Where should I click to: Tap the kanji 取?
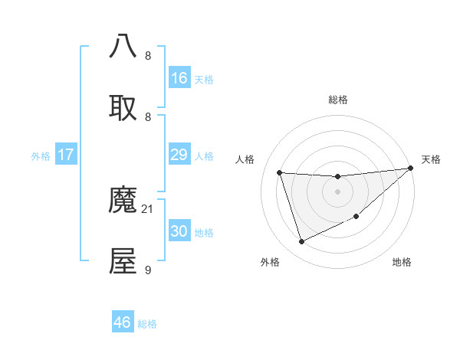pos(123,107)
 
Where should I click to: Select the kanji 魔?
pos(123,201)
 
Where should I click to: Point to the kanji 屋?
pos(123,261)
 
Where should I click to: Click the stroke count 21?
pos(148,208)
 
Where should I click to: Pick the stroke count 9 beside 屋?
pos(148,270)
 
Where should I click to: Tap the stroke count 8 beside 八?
pos(148,55)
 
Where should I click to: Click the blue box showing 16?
pos(179,78)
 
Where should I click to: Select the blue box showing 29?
pos(179,155)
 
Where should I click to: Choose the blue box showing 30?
pos(179,231)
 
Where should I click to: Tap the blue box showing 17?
pos(66,155)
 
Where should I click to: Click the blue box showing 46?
pos(122,322)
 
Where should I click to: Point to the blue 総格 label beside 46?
pos(147,324)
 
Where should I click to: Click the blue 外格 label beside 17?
pos(41,156)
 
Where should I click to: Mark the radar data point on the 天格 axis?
pos(410,169)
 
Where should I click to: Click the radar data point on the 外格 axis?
pos(301,242)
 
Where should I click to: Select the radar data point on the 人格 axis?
pos(280,172)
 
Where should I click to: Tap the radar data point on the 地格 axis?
pos(356,217)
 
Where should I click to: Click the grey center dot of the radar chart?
pos(337,191)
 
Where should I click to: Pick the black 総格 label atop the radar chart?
pos(337,100)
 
